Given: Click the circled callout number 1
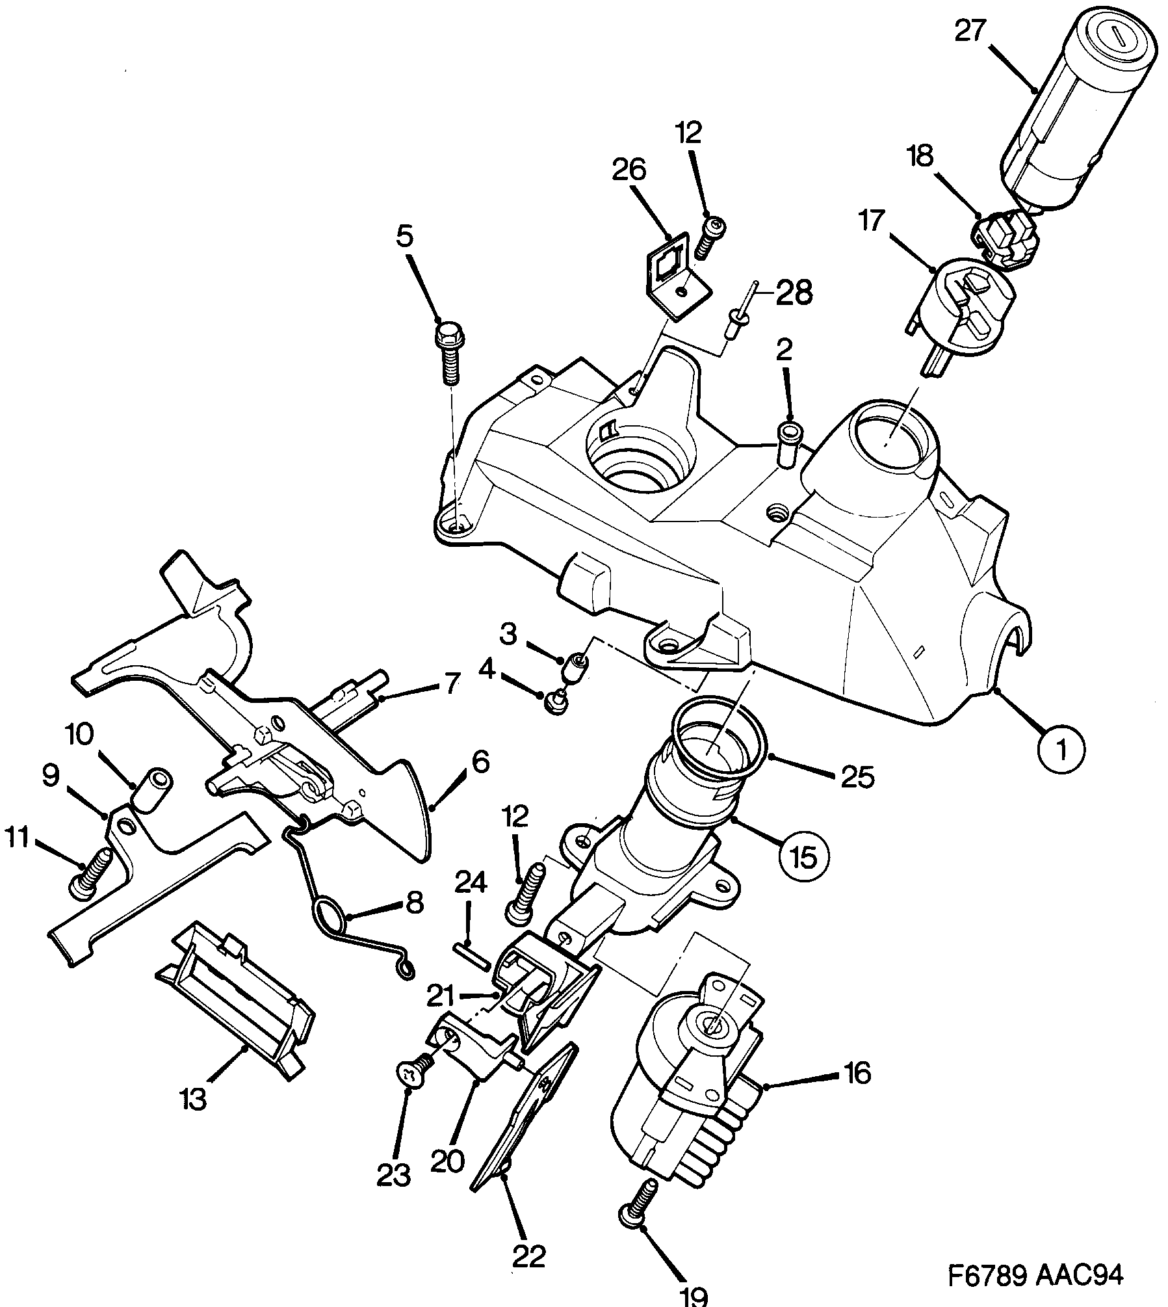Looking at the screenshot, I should [x=1061, y=750].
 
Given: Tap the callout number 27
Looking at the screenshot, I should [x=970, y=31].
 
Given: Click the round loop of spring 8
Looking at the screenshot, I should [x=330, y=917].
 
